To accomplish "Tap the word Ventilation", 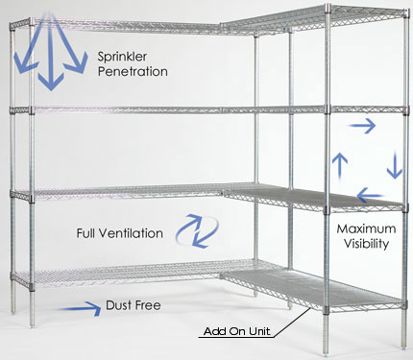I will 128,233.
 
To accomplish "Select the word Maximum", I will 368,230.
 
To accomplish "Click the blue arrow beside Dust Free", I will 85,307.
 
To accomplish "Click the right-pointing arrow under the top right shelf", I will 363,125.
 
